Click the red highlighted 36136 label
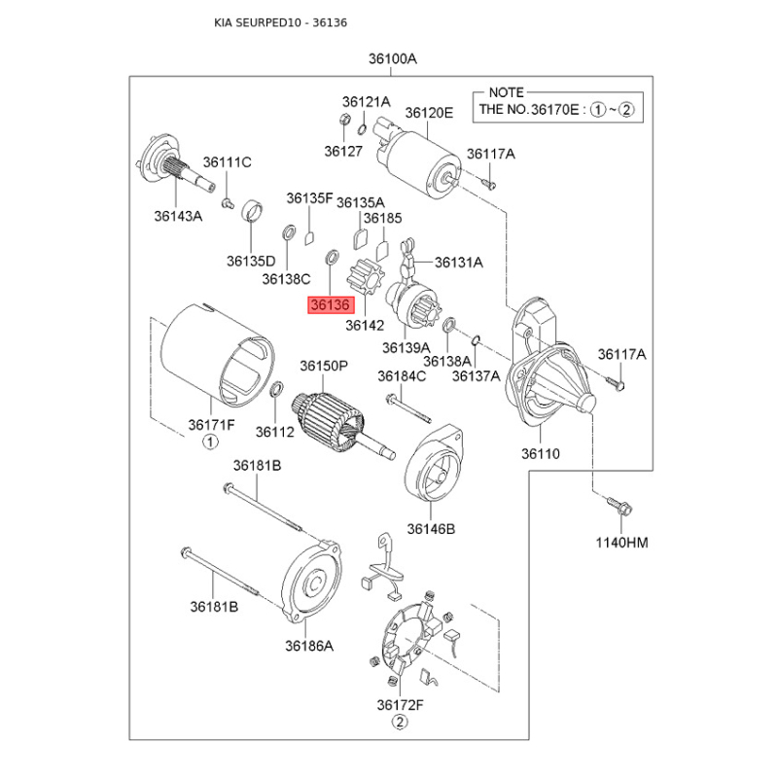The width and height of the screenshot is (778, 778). click(x=329, y=305)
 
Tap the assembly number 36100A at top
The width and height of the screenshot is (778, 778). click(x=392, y=59)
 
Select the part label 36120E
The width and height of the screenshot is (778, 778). click(x=429, y=113)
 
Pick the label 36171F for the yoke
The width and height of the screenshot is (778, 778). click(x=210, y=425)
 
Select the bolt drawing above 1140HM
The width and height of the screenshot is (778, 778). click(x=617, y=506)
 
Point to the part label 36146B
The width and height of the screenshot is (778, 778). click(x=431, y=529)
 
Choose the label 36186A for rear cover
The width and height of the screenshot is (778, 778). click(x=309, y=645)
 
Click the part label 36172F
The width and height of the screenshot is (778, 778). click(x=401, y=703)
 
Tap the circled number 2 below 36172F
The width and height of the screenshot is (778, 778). click(x=399, y=722)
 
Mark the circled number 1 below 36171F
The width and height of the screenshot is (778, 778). click(x=209, y=443)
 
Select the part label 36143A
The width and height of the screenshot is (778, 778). click(x=178, y=217)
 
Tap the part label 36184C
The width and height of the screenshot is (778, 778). click(x=402, y=376)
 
